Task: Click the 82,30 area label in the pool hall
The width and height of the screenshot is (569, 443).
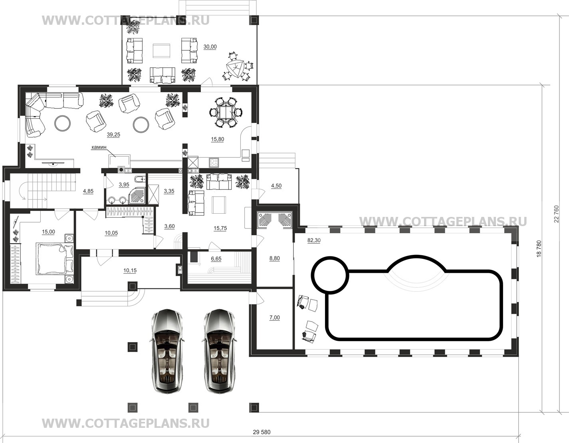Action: pyautogui.click(x=314, y=240)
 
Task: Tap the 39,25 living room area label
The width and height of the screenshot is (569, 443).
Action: pyautogui.click(x=113, y=135)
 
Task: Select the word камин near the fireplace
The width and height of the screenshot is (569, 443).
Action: pyautogui.click(x=99, y=147)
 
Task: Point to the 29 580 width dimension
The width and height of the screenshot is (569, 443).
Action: pyautogui.click(x=262, y=432)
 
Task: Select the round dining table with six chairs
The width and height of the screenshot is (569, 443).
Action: pyautogui.click(x=226, y=113)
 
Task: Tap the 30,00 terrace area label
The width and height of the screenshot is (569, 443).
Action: pyautogui.click(x=210, y=47)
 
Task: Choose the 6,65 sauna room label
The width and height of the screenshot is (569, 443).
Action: pyautogui.click(x=216, y=259)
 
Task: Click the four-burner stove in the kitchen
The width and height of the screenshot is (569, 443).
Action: pyautogui.click(x=214, y=162)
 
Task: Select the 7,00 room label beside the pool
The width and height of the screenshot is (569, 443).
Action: pyautogui.click(x=274, y=318)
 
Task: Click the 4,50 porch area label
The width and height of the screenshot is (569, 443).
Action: pyautogui.click(x=276, y=186)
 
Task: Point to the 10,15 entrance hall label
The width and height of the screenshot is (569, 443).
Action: pyautogui.click(x=130, y=270)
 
